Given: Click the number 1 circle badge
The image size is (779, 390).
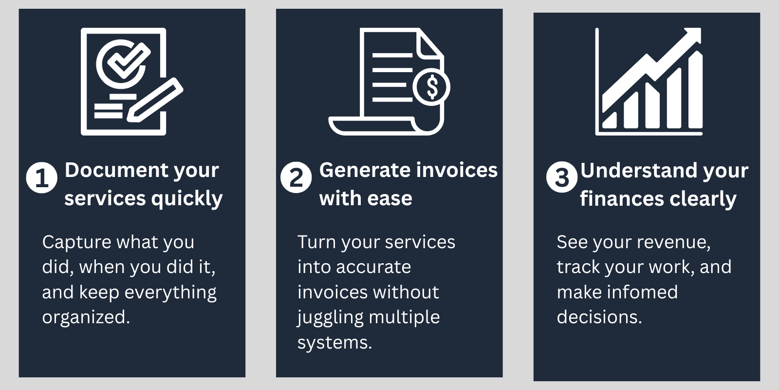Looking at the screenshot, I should click(x=41, y=177).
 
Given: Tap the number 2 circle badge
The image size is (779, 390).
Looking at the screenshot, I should click(x=296, y=177).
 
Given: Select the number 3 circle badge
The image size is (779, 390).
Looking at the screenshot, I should click(x=561, y=177).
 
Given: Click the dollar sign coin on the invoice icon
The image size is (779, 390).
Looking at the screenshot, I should click(x=431, y=87).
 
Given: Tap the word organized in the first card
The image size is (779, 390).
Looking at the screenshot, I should click(x=86, y=317).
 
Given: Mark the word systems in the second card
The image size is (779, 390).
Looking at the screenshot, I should click(x=334, y=343).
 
